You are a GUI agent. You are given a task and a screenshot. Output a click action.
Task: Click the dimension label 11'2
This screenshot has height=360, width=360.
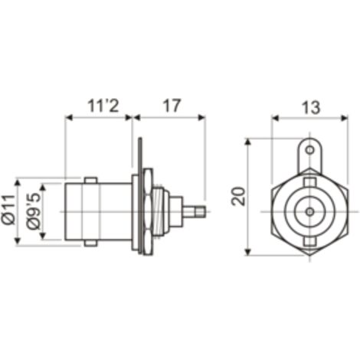103,106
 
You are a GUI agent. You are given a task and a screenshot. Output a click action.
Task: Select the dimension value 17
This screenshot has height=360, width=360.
172,106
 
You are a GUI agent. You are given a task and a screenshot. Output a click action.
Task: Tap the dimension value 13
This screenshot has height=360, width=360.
311,107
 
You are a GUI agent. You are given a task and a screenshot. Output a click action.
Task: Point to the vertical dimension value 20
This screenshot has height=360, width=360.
238,196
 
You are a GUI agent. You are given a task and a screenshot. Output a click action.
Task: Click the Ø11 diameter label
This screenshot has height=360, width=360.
8,210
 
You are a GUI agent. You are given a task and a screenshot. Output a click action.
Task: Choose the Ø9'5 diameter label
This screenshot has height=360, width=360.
34,211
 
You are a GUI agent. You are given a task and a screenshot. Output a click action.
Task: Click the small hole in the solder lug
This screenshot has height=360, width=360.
309,150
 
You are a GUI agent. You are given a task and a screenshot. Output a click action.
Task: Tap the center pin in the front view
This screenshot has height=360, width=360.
310,211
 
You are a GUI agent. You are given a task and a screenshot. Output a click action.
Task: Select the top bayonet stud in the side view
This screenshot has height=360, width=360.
90,181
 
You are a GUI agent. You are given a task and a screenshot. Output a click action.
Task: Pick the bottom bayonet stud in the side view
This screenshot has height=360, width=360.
90,244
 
